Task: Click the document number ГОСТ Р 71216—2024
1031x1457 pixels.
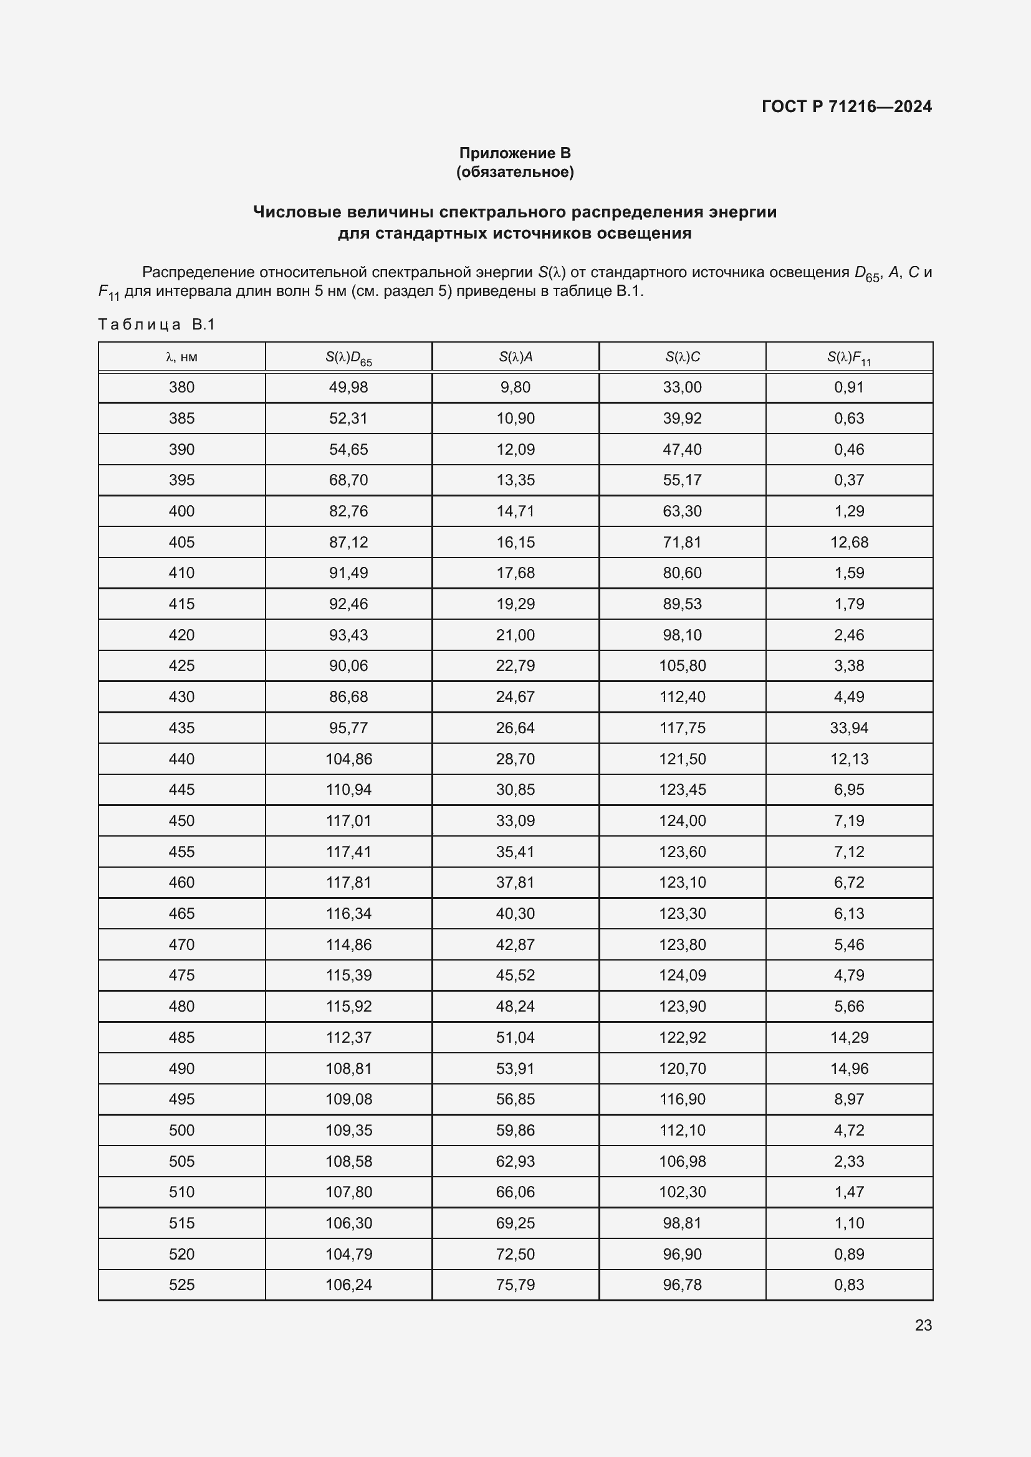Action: [846, 107]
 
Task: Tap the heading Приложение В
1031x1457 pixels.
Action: [515, 153]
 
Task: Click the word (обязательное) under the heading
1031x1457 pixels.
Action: [515, 172]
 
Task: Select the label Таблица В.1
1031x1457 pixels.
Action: [157, 325]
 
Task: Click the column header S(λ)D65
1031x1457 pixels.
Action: [348, 358]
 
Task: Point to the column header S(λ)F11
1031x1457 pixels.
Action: [849, 358]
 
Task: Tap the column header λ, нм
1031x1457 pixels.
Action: [181, 358]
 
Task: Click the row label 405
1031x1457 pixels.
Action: [181, 542]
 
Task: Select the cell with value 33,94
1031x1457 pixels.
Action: [849, 728]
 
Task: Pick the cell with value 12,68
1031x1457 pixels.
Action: [849, 542]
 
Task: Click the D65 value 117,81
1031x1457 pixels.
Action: [348, 882]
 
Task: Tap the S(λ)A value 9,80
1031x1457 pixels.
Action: [515, 387]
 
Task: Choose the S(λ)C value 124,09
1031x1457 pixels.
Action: [682, 975]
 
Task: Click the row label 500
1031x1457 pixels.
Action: [181, 1130]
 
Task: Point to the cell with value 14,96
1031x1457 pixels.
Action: [849, 1069]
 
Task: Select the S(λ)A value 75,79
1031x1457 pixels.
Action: [515, 1284]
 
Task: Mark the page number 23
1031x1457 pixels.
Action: [923, 1325]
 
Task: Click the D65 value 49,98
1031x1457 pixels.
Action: [348, 387]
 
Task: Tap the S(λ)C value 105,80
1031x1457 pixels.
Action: [682, 666]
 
